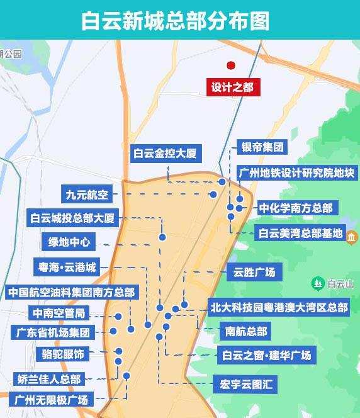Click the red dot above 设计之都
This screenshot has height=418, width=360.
tap(231, 65)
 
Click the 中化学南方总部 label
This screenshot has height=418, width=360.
tap(296, 207)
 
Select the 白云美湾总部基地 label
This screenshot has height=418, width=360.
tap(301, 234)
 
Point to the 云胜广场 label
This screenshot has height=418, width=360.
tap(254, 273)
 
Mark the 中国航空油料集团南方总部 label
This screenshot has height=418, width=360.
tap(71, 293)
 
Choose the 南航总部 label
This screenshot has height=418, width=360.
tap(246, 331)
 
